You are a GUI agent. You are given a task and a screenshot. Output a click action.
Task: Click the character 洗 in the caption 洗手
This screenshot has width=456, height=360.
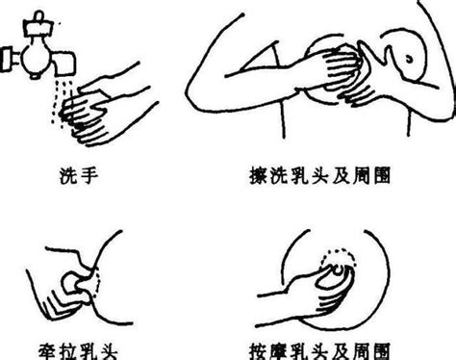tap(68, 176)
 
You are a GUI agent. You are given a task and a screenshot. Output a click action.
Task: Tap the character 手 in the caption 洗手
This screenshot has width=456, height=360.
tap(89, 176)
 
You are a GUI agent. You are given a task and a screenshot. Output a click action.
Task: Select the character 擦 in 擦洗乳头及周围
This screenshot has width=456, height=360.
tap(259, 176)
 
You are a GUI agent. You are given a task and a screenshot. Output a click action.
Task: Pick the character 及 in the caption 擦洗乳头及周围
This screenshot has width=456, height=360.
tap(341, 176)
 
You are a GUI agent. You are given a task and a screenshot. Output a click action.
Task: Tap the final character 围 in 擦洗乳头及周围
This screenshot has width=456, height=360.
tap(382, 176)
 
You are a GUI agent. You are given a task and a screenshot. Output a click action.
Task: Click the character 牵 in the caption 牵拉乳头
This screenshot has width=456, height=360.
tap(48, 351)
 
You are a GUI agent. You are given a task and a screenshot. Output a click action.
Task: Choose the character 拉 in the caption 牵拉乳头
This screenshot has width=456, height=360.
tap(68, 351)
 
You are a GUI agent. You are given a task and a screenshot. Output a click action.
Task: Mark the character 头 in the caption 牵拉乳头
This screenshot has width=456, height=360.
tap(109, 351)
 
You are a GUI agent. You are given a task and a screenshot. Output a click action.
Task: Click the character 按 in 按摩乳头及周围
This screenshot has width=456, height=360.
tap(259, 351)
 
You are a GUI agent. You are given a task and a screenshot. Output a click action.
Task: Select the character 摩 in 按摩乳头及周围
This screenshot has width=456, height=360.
tap(279, 351)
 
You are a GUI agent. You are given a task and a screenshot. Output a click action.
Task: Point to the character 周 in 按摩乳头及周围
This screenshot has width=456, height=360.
tap(362, 351)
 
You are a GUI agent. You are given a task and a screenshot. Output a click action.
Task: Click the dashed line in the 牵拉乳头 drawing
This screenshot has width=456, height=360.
tap(99, 284)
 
